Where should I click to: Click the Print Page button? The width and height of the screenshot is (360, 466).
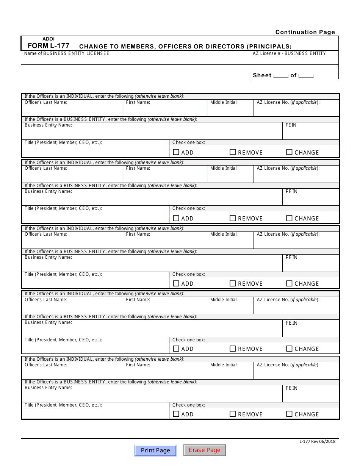click(x=155, y=450)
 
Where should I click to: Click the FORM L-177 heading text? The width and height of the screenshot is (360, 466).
click(x=49, y=46)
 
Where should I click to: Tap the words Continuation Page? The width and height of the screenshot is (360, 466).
click(x=305, y=32)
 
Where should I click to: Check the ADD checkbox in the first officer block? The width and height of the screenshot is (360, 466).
click(x=176, y=152)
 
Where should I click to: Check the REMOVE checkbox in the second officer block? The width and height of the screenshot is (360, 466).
click(x=233, y=218)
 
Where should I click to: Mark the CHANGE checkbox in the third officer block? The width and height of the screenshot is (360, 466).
click(x=289, y=283)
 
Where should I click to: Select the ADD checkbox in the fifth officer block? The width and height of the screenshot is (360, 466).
click(x=176, y=414)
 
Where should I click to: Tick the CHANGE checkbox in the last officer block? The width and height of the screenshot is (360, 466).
click(x=289, y=414)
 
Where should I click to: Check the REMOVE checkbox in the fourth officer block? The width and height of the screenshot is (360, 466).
click(x=233, y=349)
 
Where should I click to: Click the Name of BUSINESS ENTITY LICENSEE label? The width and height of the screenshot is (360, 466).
click(x=67, y=53)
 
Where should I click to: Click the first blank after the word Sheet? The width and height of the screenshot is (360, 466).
click(x=281, y=75)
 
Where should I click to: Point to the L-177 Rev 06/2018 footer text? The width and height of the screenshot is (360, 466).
click(x=317, y=441)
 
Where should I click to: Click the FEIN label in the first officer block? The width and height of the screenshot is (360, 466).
click(x=291, y=125)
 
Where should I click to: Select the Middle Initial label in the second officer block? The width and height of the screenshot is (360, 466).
click(x=224, y=168)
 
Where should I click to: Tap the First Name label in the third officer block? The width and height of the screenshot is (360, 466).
click(x=138, y=234)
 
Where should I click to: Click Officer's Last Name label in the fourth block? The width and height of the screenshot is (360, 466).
click(x=46, y=300)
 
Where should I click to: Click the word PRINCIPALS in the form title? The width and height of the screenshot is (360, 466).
click(x=269, y=47)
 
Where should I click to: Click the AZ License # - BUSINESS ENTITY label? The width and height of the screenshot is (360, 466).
click(x=290, y=53)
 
